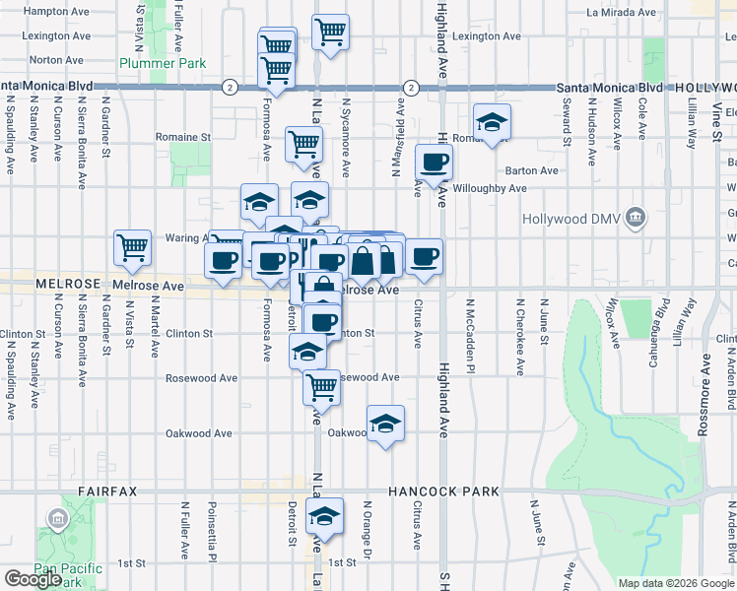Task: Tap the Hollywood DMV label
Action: [x=580, y=217]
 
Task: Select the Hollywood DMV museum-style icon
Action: [x=636, y=217]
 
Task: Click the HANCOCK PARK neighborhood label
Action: [x=443, y=491]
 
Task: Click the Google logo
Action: [x=33, y=579]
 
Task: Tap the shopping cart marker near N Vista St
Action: [x=132, y=248]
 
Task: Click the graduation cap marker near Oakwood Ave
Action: [x=385, y=425]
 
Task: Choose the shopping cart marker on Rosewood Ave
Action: [x=321, y=387]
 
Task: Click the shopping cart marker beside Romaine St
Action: [x=304, y=144]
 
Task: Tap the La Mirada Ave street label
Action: [x=621, y=13]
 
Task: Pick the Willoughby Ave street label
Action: [x=493, y=188]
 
